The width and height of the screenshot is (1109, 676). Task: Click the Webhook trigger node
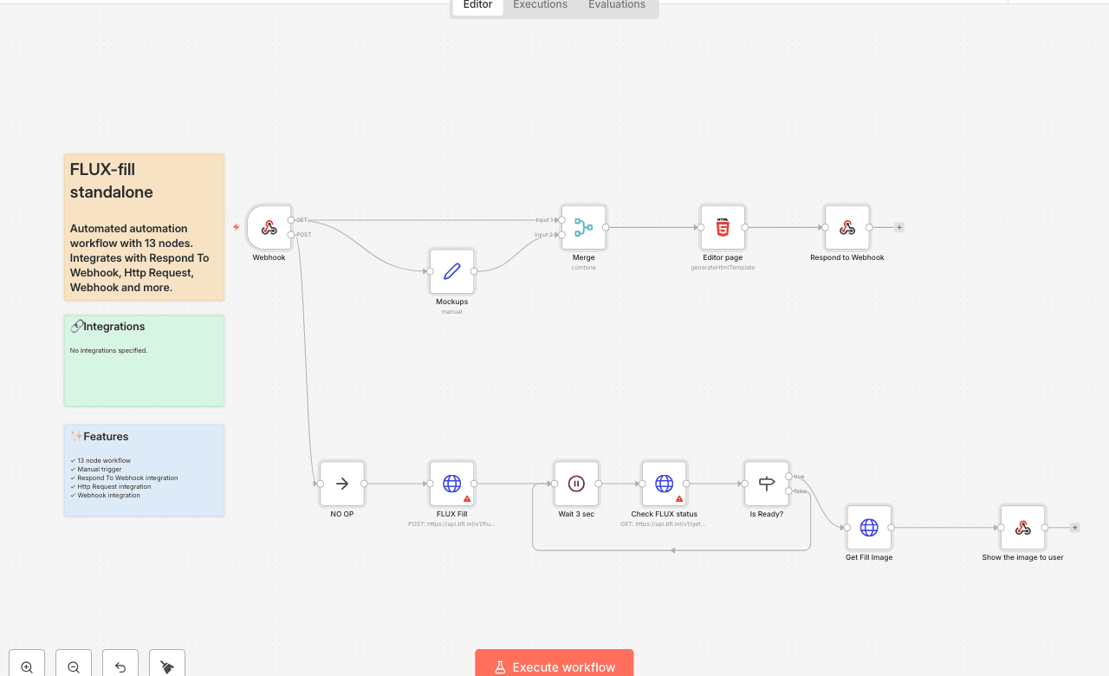coord(269,227)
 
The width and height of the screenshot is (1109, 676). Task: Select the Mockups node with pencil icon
coord(451,271)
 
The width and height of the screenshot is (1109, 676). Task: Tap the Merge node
coord(583,227)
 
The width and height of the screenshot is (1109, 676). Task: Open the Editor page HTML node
coord(723,227)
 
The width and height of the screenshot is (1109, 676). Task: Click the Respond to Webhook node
coord(846,227)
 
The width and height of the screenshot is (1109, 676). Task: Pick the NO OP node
coord(342,484)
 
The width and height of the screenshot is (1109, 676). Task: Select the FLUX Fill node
coord(451,484)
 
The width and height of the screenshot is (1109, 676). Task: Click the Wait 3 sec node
coord(576,484)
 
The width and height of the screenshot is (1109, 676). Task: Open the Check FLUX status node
coord(664,484)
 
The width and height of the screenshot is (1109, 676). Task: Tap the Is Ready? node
coord(766,484)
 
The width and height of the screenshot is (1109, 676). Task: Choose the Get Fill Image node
coord(869,527)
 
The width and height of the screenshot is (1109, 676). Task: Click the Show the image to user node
coord(1022,527)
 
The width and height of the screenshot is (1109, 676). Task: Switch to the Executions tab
coord(540,5)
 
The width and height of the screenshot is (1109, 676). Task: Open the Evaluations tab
coord(617,5)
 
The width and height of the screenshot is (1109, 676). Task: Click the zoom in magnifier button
coord(27,666)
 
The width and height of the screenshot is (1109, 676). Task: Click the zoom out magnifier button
coord(74,666)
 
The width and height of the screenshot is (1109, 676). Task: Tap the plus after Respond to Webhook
coord(899,227)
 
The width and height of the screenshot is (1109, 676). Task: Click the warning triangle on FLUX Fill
coord(467,498)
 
